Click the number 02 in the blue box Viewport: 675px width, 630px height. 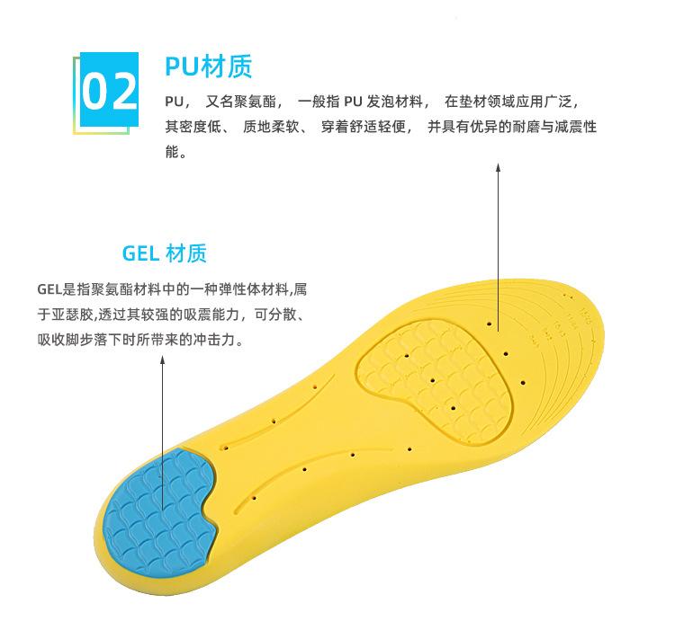pyautogui.click(x=109, y=90)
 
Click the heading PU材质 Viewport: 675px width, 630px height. pyautogui.click(x=209, y=66)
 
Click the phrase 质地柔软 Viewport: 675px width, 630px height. pyautogui.click(x=272, y=127)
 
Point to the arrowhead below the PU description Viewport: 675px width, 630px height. pyautogui.click(x=499, y=167)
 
